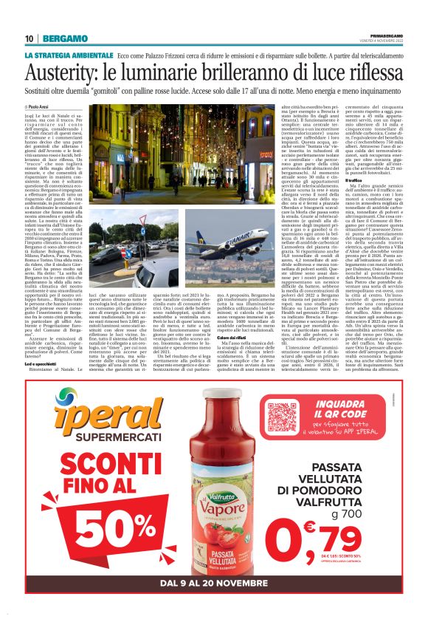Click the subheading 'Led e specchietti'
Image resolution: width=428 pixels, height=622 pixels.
pyautogui.click(x=44, y=363)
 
